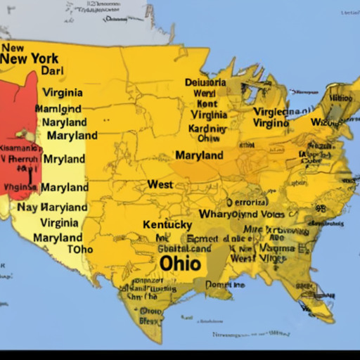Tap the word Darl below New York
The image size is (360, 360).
(52, 71)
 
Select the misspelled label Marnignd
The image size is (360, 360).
(58, 109)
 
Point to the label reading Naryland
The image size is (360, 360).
(64, 122)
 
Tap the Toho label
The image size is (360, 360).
(79, 249)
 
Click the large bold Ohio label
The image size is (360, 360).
(180, 263)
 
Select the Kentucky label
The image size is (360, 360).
(167, 225)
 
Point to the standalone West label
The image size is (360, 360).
(160, 184)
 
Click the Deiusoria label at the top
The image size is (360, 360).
(205, 82)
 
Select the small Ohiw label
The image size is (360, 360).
(209, 139)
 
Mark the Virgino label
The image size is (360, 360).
(270, 123)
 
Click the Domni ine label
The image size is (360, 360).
(225, 285)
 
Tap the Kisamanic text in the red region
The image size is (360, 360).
(20, 148)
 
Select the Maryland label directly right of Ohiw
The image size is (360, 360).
(199, 155)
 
